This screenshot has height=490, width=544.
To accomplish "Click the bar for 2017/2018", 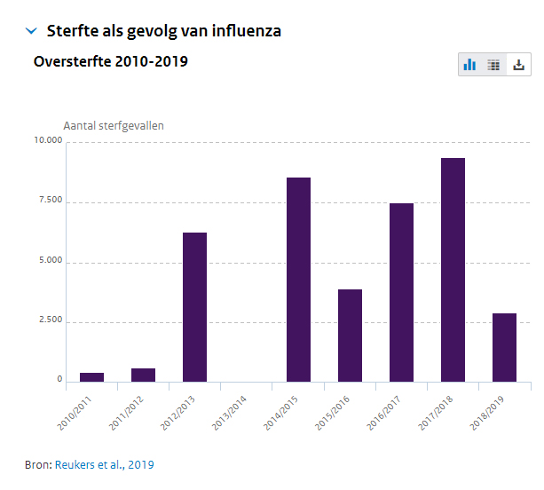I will tap(453, 270).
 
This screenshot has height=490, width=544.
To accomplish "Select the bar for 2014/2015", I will tap(298, 280).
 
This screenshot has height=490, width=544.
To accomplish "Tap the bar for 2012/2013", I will tap(194, 307).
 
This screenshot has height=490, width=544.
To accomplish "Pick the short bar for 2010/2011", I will tap(91, 377).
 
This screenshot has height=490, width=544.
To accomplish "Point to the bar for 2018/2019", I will tap(504, 347).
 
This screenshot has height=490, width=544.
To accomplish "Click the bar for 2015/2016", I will tap(350, 336).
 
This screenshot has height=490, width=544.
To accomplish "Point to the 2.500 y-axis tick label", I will tap(48, 320).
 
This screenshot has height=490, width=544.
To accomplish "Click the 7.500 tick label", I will tap(48, 201).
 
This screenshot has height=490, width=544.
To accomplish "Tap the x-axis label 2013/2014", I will tap(229, 412).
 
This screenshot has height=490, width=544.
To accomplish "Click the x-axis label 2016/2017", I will tap(383, 412).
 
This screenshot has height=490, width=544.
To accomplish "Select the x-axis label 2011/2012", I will tap(126, 412).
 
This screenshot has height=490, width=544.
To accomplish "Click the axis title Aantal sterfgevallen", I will tap(114, 125).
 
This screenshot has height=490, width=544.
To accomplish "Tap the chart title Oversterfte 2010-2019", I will tap(110, 61).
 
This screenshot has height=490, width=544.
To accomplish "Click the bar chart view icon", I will tap(469, 65).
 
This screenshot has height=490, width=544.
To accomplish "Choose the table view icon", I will tap(494, 65).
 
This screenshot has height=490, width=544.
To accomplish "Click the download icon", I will tap(519, 65).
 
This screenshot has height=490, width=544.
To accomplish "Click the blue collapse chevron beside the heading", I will tap(32, 31).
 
